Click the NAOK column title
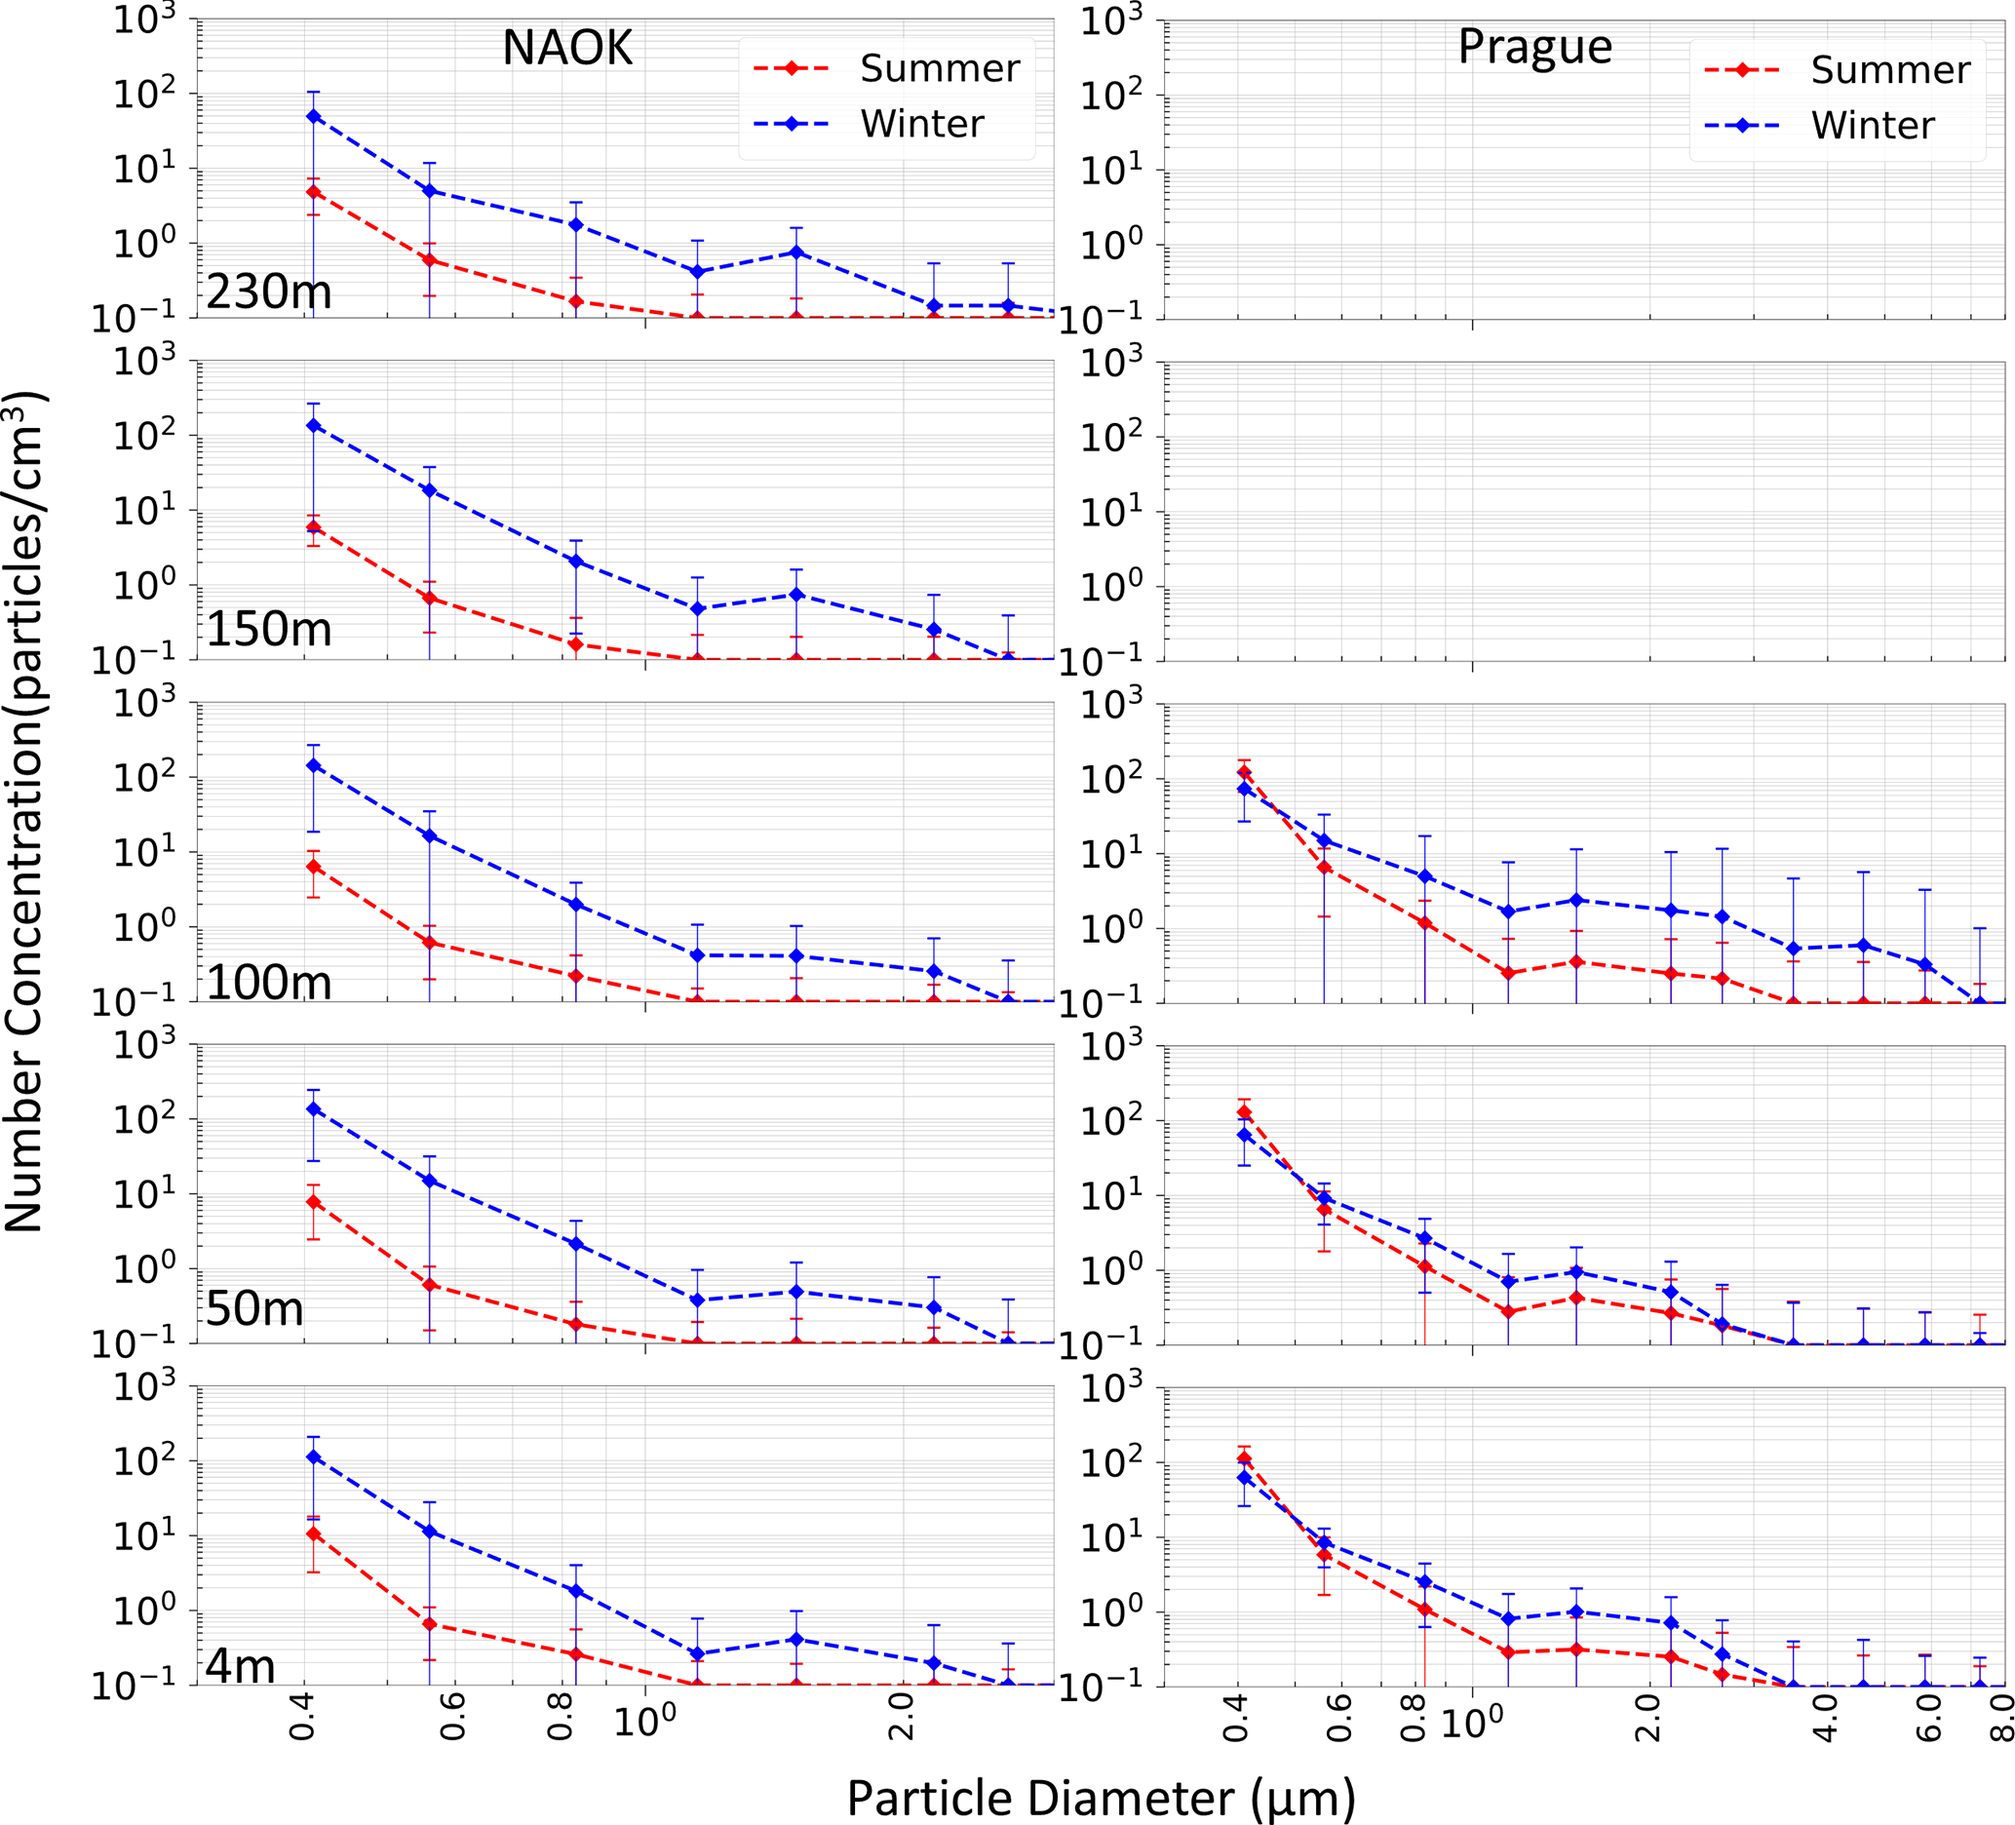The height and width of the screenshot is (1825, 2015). pyautogui.click(x=566, y=48)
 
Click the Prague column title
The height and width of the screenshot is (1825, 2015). pyautogui.click(x=1534, y=46)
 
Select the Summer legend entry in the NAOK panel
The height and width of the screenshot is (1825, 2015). pyautogui.click(x=939, y=68)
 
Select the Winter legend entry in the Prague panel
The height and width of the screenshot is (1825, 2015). pyautogui.click(x=1872, y=126)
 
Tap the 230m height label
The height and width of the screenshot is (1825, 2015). pyautogui.click(x=269, y=291)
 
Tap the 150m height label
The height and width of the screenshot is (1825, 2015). pyautogui.click(x=269, y=629)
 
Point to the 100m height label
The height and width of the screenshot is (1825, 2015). pyautogui.click(x=269, y=983)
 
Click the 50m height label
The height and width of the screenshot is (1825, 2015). pyautogui.click(x=253, y=1309)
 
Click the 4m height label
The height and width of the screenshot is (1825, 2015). pyautogui.click(x=240, y=1665)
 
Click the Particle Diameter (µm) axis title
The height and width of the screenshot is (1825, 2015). pyautogui.click(x=1101, y=1771)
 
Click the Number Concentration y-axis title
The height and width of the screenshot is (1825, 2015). pyautogui.click(x=24, y=809)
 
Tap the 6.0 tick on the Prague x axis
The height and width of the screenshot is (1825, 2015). pyautogui.click(x=1927, y=1716)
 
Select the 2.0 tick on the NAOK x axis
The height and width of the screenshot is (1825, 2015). pyautogui.click(x=903, y=1716)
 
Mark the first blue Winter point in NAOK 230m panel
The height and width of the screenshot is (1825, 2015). pyautogui.click(x=314, y=116)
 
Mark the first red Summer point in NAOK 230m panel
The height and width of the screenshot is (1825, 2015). pyautogui.click(x=314, y=191)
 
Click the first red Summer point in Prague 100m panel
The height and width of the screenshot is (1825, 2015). pyautogui.click(x=1244, y=772)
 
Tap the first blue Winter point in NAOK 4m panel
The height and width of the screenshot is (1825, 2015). pyautogui.click(x=314, y=1457)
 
